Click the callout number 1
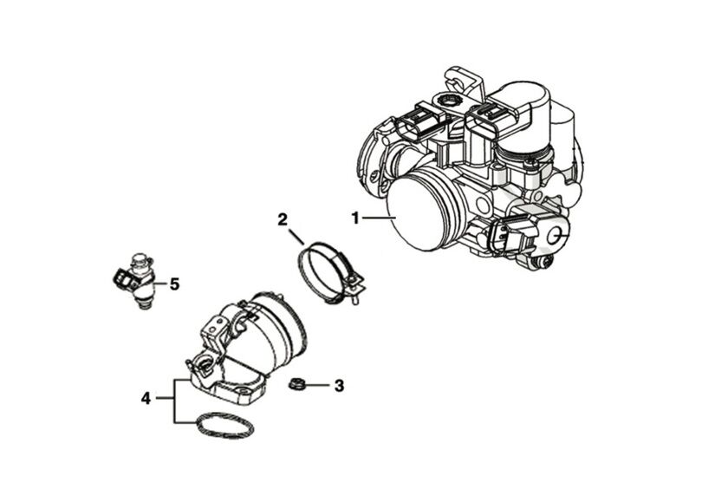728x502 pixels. (354, 218)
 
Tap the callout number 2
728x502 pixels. (283, 218)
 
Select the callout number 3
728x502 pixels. (339, 385)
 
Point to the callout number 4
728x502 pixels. (146, 398)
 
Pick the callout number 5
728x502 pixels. (174, 284)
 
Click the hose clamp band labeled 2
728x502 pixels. (321, 271)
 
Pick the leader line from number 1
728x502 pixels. (378, 218)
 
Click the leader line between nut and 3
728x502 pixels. (316, 384)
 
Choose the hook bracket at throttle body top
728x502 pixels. (459, 80)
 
